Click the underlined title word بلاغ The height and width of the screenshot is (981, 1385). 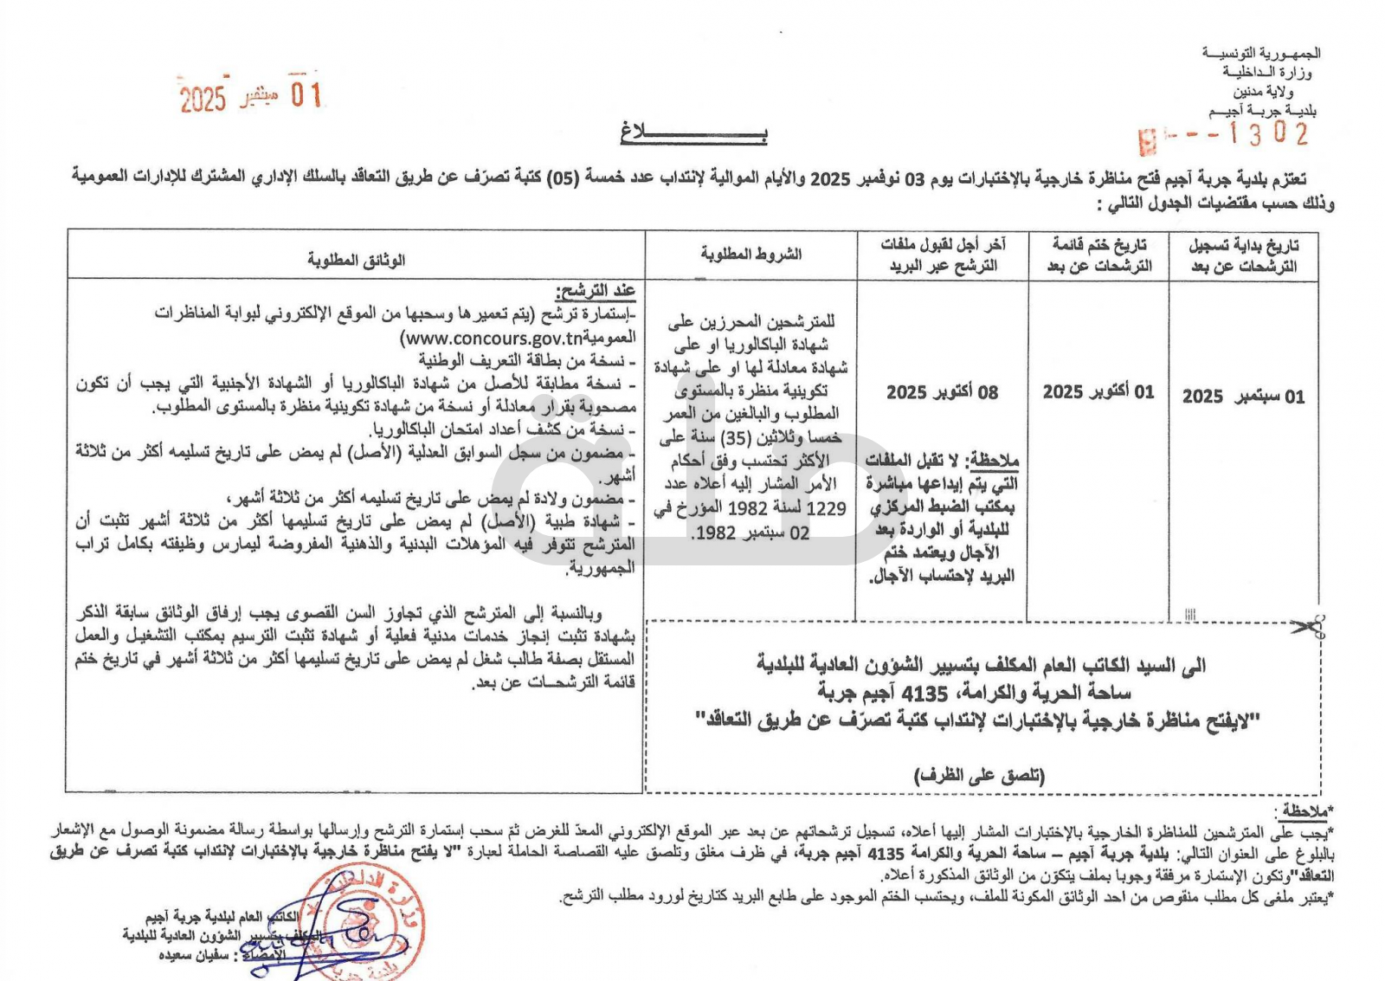pos(693,132)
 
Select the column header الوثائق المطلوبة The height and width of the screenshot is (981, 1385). pos(356,259)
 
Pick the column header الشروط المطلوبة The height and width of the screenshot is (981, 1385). pos(750,254)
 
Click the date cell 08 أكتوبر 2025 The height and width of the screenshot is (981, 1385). pos(942,392)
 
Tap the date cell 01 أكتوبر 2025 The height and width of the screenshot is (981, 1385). pos(1098,392)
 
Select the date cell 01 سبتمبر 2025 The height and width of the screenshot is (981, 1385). pos(1243,397)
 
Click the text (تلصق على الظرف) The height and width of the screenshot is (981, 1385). pos(980,776)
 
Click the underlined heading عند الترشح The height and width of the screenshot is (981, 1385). pos(596,290)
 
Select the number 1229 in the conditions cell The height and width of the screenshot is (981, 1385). pos(826,508)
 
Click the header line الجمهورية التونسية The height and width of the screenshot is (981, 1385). pos(1261,53)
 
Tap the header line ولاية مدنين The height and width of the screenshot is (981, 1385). pos(1263,91)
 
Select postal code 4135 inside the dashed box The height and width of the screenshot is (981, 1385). pos(924,693)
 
